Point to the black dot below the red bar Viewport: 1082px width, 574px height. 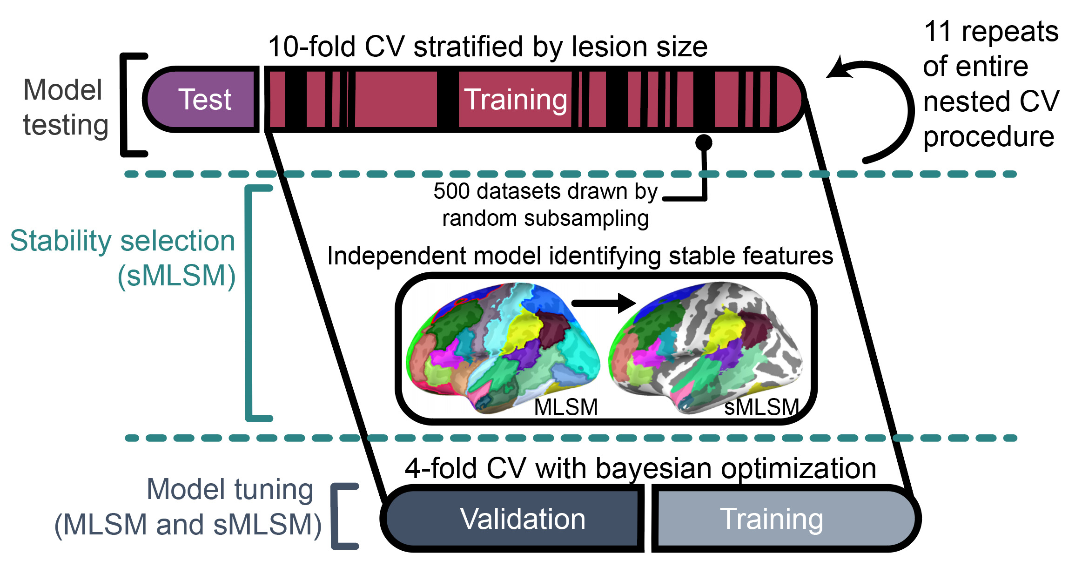[x=704, y=142]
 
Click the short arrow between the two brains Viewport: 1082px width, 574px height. [x=603, y=303]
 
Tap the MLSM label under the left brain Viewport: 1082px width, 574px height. [x=565, y=407]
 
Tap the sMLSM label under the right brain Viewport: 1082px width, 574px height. [x=761, y=407]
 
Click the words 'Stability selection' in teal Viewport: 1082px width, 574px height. [x=122, y=241]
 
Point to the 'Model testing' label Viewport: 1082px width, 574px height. [x=65, y=107]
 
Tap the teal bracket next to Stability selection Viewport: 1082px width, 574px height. [x=251, y=303]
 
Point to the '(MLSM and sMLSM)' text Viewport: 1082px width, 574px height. [x=188, y=525]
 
